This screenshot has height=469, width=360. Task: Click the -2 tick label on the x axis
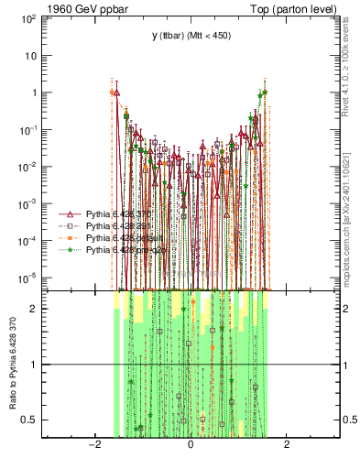click(x=93, y=444)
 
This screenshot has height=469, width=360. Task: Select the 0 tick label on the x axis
click(x=191, y=444)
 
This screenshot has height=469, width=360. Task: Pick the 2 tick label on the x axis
click(x=287, y=444)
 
